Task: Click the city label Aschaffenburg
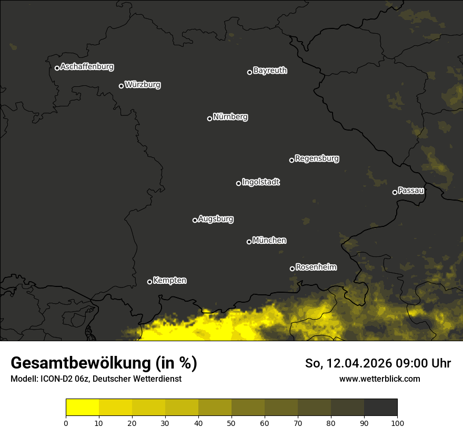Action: [87, 67]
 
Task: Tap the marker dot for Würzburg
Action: [121, 86]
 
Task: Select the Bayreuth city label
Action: [270, 71]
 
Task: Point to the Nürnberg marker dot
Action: [209, 118]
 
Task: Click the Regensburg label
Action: [317, 158]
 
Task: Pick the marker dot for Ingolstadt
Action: [238, 183]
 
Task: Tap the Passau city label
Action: [411, 191]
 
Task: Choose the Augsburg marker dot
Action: [195, 220]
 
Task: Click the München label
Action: [269, 241]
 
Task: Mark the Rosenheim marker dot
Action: [292, 269]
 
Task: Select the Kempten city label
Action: [169, 281]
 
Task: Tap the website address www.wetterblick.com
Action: [380, 379]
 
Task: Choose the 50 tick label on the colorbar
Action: [231, 422]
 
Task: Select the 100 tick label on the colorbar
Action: [397, 422]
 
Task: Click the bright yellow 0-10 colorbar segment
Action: [83, 408]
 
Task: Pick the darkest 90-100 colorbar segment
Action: [380, 408]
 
